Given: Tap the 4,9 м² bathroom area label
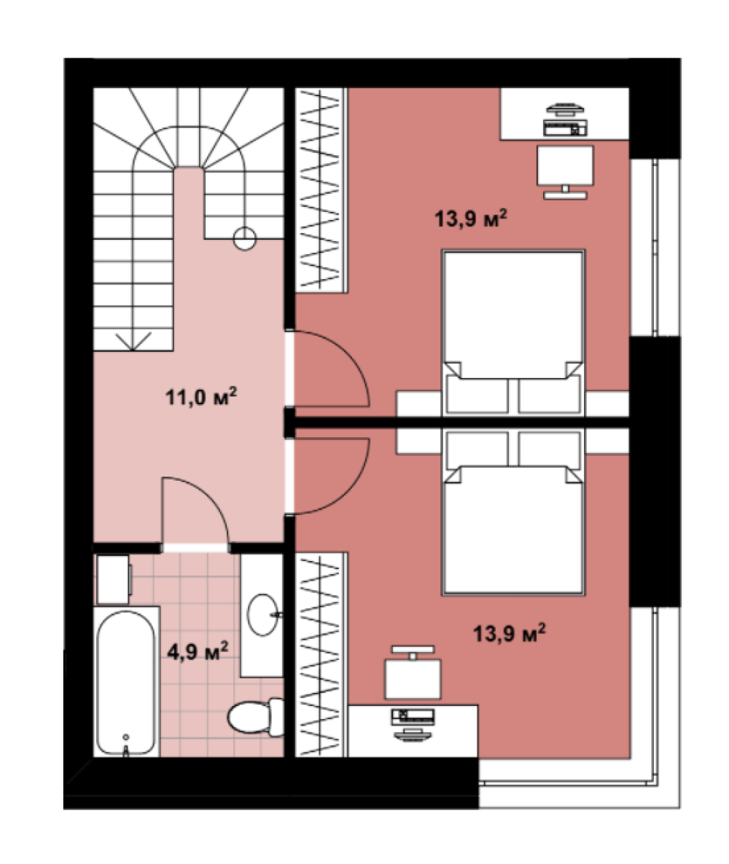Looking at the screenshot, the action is [x=198, y=652].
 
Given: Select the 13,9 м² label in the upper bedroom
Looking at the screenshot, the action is [x=470, y=219].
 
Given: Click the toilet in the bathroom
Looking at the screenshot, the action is [x=256, y=716].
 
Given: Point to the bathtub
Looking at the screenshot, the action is [x=126, y=682].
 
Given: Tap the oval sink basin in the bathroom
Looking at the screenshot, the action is [x=263, y=614].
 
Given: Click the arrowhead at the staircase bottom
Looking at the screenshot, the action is [x=133, y=341].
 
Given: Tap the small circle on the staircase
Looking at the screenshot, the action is [x=244, y=239].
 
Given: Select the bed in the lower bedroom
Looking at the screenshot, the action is [x=512, y=512].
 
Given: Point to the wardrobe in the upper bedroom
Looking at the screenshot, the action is [x=321, y=189].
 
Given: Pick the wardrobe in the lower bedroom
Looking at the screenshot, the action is [x=321, y=654].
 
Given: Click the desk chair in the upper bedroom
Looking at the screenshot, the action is [x=565, y=171].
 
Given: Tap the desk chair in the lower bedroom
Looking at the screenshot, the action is [x=413, y=673].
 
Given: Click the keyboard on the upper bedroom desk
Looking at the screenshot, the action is [x=565, y=128].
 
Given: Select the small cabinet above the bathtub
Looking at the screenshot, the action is [x=113, y=579].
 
